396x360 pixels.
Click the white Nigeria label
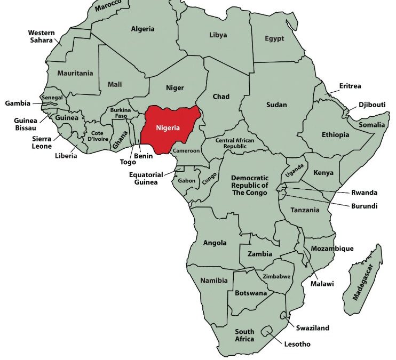[x=168, y=128]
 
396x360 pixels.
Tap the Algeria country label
[x=142, y=29]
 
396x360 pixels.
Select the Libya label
[x=218, y=35]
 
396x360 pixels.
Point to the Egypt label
[x=274, y=39]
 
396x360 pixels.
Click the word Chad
[x=221, y=97]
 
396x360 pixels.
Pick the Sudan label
[x=276, y=105]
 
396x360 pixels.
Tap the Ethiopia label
[x=335, y=134]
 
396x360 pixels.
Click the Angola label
[x=215, y=243]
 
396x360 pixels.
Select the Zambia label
[x=260, y=254]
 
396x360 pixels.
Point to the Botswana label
[x=251, y=293]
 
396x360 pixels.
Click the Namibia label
[x=214, y=281]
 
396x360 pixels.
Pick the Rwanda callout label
[x=364, y=193]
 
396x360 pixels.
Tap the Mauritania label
[x=75, y=73]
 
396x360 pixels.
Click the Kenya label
[x=323, y=173]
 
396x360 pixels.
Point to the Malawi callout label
[x=322, y=284]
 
